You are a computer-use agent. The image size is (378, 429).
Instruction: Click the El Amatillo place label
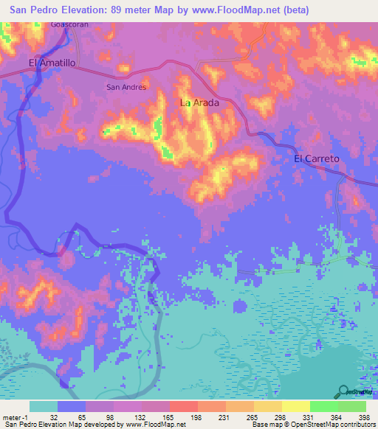(52, 63)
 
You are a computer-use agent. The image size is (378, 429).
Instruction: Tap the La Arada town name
(200, 103)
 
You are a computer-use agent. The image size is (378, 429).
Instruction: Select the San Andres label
(127, 87)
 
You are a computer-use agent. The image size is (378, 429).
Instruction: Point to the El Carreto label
(317, 158)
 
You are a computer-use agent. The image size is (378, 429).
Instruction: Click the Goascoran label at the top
(70, 24)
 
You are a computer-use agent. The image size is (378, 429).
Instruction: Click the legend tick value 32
(52, 416)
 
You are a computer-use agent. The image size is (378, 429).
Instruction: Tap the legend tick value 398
(363, 416)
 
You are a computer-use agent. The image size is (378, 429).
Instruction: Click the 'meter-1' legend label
(15, 416)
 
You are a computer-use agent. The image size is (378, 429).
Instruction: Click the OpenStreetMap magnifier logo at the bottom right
(343, 391)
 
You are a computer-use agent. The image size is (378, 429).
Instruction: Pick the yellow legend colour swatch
(296, 406)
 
